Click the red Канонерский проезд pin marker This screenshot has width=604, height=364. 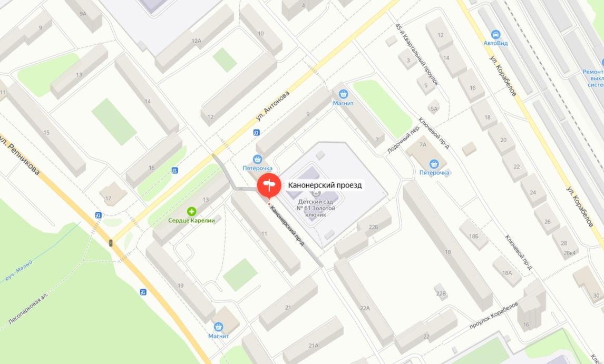269,186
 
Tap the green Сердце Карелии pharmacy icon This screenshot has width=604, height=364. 191,211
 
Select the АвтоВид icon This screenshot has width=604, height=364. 495,34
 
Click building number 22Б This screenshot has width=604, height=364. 374,227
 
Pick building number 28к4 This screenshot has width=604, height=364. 570,253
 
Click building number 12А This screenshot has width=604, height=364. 197,41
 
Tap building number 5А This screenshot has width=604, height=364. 434,109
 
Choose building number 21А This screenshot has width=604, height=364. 314,346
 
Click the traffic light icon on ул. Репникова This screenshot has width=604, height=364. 111,243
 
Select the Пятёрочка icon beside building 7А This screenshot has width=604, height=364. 434,164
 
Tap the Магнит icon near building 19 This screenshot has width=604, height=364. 218,327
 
